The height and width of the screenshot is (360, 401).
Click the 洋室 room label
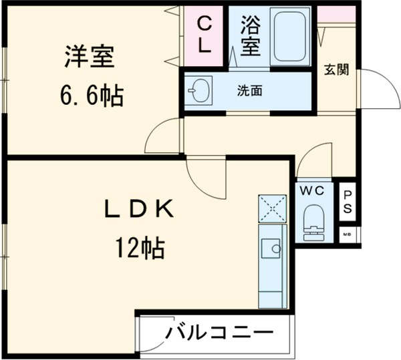pos(91,57)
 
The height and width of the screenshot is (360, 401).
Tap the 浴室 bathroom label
pos(249,37)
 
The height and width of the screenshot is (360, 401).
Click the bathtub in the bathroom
pos(289,37)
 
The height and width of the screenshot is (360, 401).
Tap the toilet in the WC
pos(313,220)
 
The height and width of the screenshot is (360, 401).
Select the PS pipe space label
pos(348,201)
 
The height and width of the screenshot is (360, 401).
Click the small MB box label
pos(348,235)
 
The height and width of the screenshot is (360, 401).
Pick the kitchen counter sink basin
pos(271,248)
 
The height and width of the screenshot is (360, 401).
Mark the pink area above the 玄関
pos(336,13)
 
